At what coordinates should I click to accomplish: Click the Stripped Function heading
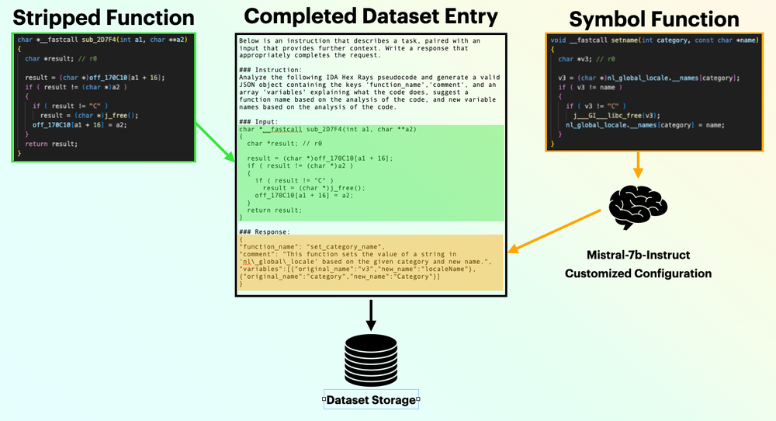point(103,16)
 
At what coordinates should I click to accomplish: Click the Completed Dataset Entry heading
point(371,16)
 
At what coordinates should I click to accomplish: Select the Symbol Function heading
point(653,19)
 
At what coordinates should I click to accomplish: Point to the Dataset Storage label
point(371,400)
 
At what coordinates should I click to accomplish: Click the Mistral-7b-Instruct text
point(638,254)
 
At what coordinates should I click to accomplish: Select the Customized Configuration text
point(638,273)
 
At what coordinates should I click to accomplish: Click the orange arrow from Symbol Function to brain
point(638,164)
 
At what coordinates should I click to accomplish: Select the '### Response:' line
point(266,231)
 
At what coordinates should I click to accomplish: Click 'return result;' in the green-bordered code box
point(51,143)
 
